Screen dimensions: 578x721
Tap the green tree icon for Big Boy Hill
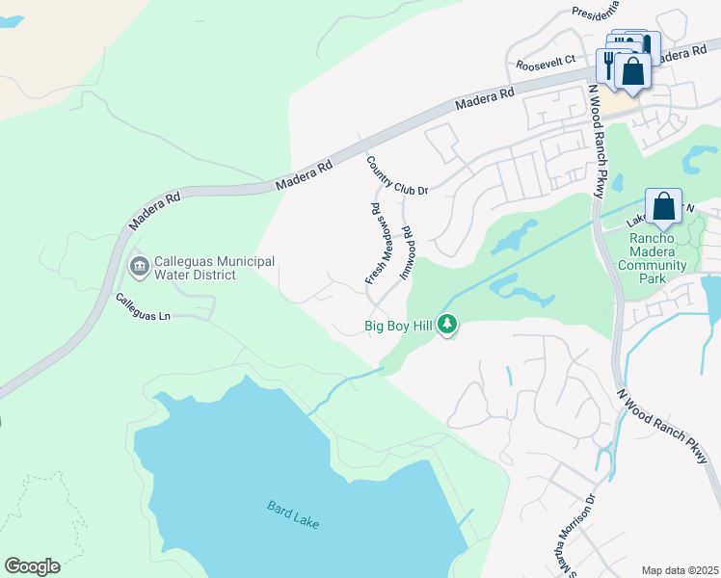tap(446, 326)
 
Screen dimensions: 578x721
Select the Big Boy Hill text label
tap(397, 326)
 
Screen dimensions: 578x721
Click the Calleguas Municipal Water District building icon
tap(138, 265)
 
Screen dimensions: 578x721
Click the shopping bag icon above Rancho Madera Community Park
tap(663, 206)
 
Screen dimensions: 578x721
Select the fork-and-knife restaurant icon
tap(609, 65)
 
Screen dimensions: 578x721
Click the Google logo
tap(32, 566)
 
